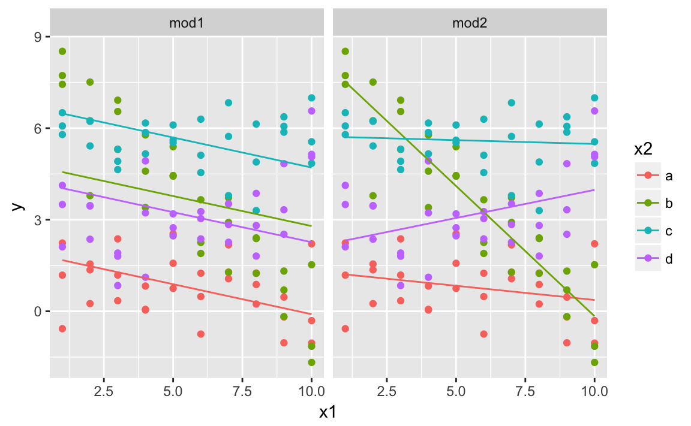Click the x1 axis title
pyautogui.click(x=328, y=412)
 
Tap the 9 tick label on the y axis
pyautogui.click(x=38, y=37)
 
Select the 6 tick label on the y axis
pyautogui.click(x=38, y=129)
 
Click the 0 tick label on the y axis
pyautogui.click(x=38, y=312)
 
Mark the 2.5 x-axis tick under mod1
pyautogui.click(x=104, y=391)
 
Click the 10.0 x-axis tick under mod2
pyautogui.click(x=594, y=391)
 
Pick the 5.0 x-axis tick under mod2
pyautogui.click(x=456, y=391)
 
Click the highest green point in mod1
pyautogui.click(x=62, y=52)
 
